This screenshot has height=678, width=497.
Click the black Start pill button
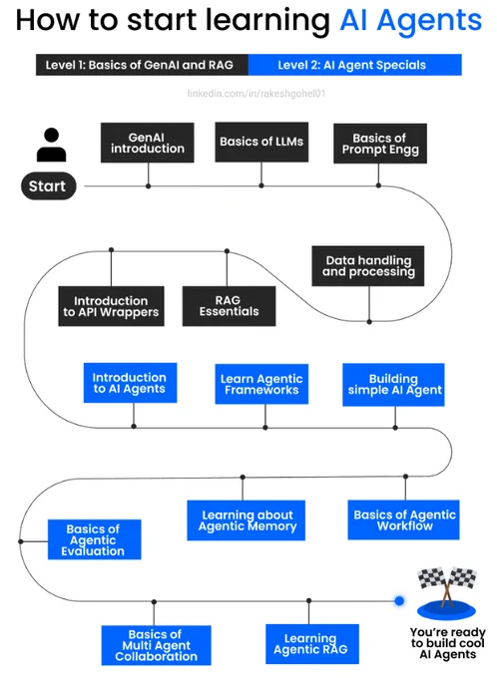[x=49, y=185]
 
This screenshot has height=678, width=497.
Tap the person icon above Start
[x=52, y=145]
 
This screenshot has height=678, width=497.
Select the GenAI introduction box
[x=147, y=143]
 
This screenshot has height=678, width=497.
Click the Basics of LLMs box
[x=261, y=142]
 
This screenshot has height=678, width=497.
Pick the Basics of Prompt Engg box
[x=380, y=144]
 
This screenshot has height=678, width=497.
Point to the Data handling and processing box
[x=368, y=266]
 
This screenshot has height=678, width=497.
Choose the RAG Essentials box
[x=229, y=306]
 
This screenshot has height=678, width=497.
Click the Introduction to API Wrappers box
[x=111, y=306]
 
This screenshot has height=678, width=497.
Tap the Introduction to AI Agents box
[x=130, y=383]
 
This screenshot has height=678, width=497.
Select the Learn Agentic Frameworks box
[x=261, y=384]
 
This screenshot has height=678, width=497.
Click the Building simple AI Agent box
[x=393, y=385]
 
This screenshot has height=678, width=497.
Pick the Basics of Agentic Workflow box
[x=403, y=519]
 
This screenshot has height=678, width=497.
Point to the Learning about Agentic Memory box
[x=246, y=520]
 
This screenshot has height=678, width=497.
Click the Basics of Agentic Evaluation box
[x=95, y=539]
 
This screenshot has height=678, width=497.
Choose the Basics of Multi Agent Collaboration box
[x=157, y=645]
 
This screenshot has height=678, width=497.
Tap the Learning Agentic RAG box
[x=312, y=644]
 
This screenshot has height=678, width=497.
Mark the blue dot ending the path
[x=399, y=600]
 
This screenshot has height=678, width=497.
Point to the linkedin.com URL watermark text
[x=256, y=94]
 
